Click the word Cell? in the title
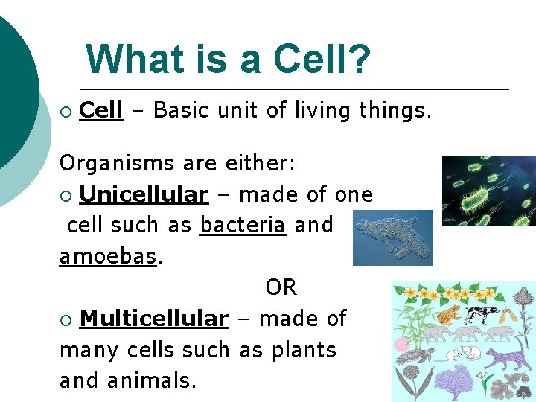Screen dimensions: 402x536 pos(322,60)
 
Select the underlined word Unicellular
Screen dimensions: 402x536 pos(144,194)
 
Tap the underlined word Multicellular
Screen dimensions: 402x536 pos(153,319)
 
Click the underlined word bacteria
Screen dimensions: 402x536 pos(243,225)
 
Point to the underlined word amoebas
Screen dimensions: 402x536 pos(107,256)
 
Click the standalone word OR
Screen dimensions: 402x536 pos(281,287)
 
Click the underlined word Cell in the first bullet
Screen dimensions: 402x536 pos(100,111)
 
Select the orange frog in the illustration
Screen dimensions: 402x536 pos(448,314)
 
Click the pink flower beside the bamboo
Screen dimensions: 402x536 pos(402,344)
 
